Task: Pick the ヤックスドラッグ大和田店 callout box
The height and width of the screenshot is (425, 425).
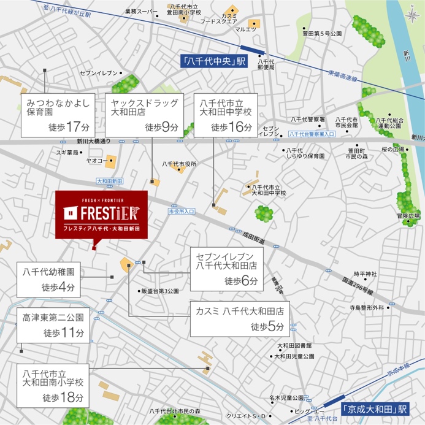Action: [144, 115]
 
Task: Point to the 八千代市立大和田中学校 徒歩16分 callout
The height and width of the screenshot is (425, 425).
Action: [224, 115]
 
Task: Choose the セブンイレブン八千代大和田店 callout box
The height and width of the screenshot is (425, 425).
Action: [226, 269]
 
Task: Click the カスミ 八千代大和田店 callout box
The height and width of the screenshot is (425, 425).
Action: [239, 318]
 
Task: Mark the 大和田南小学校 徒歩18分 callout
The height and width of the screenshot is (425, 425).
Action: [53, 385]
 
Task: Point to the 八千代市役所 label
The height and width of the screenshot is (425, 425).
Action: [179, 164]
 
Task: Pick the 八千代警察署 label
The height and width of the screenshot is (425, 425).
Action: [307, 119]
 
